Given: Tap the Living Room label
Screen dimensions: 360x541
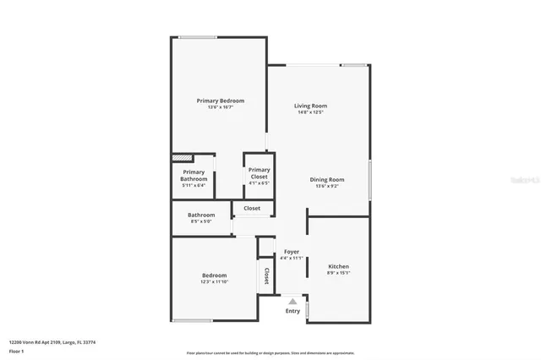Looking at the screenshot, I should click(x=310, y=106).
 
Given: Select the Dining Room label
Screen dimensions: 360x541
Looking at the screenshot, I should click(x=326, y=179).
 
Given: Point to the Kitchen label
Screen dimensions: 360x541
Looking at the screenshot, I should click(x=338, y=266).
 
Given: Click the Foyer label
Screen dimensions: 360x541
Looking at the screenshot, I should click(x=291, y=252).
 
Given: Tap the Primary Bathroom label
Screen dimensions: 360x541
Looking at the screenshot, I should click(x=194, y=176).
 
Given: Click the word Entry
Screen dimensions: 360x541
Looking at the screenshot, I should click(x=292, y=311).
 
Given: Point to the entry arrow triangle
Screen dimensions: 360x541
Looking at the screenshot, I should click(x=292, y=300).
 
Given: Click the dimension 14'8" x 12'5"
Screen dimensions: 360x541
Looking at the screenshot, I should click(x=310, y=112).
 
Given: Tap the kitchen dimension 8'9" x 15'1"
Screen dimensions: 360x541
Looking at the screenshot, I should click(x=338, y=273).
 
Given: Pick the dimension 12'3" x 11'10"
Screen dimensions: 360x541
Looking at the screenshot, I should click(x=214, y=282).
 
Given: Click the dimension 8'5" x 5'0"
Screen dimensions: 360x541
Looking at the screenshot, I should click(x=201, y=221).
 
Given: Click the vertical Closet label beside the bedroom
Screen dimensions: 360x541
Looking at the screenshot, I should click(x=266, y=275).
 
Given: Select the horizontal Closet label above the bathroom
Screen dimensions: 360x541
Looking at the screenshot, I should click(x=252, y=208).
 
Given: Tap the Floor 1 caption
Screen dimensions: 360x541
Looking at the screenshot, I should click(x=17, y=350).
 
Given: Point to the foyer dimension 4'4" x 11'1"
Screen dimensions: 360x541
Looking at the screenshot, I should click(x=291, y=259).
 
